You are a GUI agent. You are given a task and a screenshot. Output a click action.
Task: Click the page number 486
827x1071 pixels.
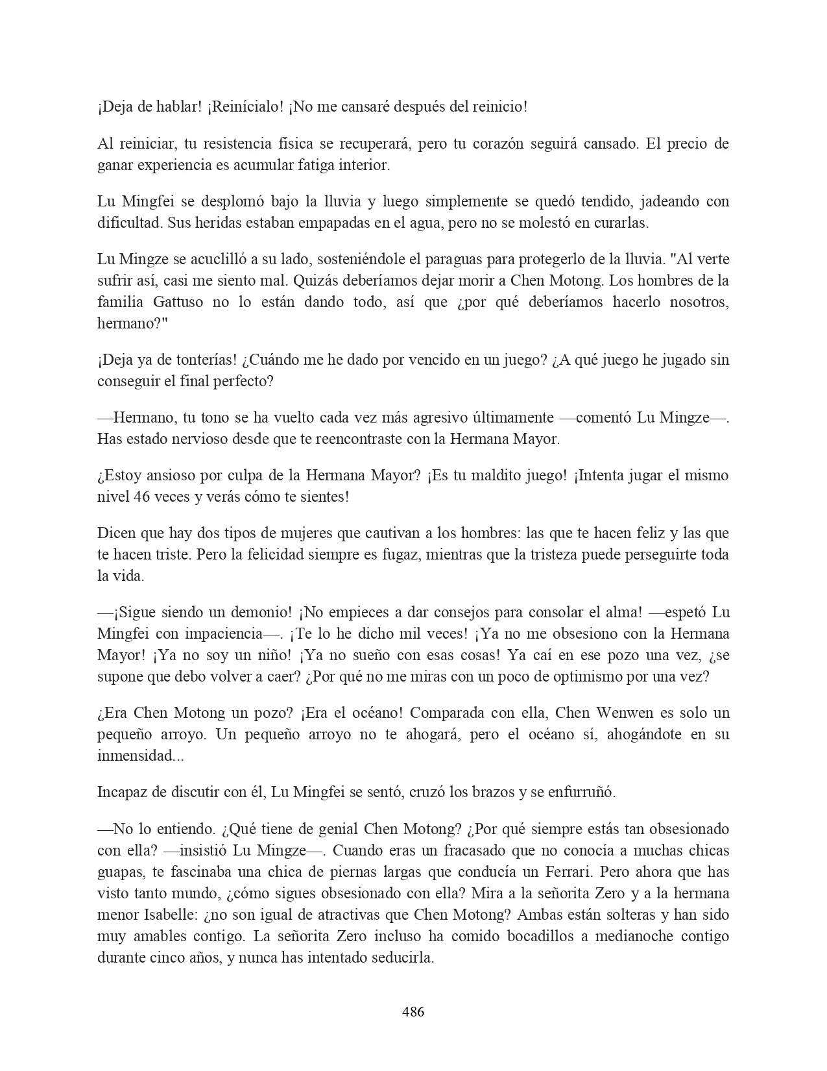click(413, 1011)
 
